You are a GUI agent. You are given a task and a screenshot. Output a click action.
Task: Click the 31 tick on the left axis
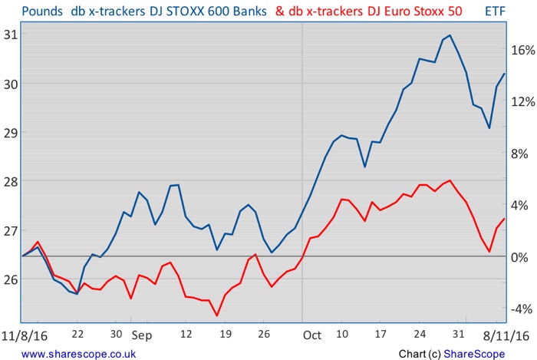[11, 35]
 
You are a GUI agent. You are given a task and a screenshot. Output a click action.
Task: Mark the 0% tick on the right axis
[520, 256]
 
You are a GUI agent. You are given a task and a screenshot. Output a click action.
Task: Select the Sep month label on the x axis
[142, 335]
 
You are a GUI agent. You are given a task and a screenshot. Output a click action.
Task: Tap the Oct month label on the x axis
[311, 335]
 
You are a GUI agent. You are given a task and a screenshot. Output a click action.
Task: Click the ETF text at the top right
[496, 12]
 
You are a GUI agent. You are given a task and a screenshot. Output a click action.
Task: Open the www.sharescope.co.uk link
[73, 353]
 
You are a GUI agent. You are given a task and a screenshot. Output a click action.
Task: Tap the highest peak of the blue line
[450, 35]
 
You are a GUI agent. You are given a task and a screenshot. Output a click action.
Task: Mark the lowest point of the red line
[217, 315]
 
